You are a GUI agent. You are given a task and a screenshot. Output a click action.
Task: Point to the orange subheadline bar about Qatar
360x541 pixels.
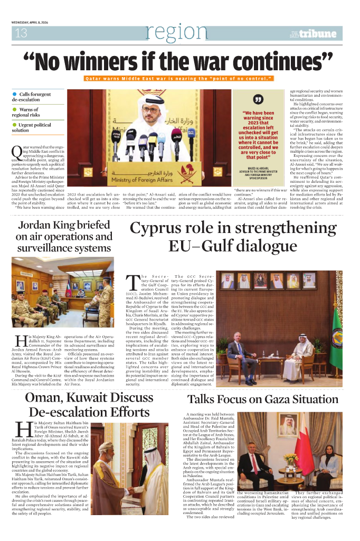point(179,78)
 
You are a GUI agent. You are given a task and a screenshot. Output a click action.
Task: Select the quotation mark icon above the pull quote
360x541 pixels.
point(258,99)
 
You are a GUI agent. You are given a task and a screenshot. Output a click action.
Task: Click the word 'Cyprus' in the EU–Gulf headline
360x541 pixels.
point(162,230)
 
